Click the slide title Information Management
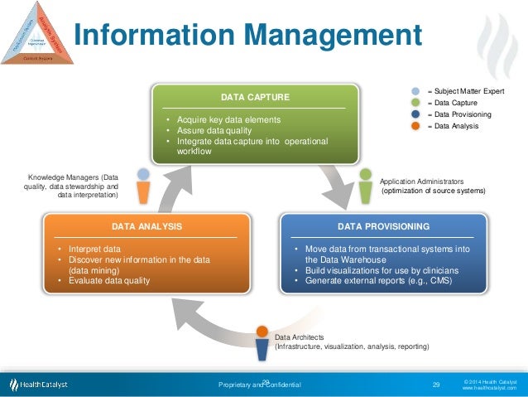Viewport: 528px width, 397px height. click(247, 36)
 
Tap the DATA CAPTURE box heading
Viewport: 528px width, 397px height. click(254, 98)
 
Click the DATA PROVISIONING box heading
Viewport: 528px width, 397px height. click(383, 225)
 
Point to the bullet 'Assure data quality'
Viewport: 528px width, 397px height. click(208, 130)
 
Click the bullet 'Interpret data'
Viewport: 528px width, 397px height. click(95, 249)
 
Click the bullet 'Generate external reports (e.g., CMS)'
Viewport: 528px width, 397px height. click(377, 281)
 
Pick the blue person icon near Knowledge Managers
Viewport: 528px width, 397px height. click(144, 189)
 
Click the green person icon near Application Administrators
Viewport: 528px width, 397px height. click(365, 188)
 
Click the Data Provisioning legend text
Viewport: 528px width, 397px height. click(463, 114)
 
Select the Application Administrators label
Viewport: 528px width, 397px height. click(421, 181)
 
